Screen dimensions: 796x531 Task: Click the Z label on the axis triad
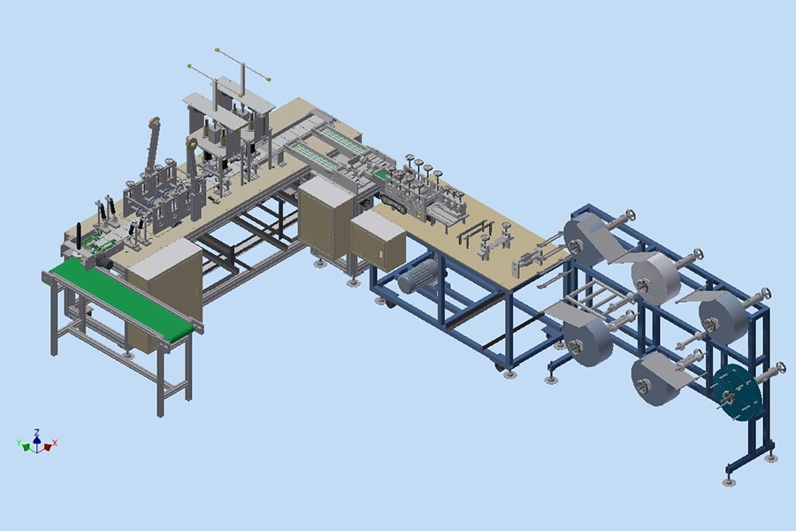coord(36,433)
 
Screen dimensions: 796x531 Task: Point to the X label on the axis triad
coord(55,442)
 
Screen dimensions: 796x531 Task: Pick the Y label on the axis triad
coord(19,442)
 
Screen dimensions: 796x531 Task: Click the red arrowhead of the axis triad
coord(48,447)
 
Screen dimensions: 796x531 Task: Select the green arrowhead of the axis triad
coord(26,447)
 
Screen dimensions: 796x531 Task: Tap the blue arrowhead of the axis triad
coord(36,439)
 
